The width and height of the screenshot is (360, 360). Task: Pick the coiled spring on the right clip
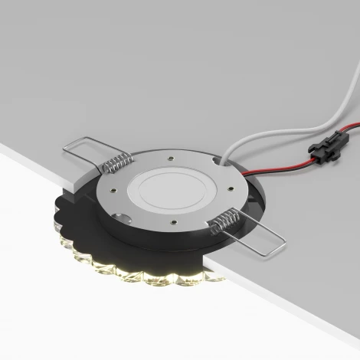(223, 221)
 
